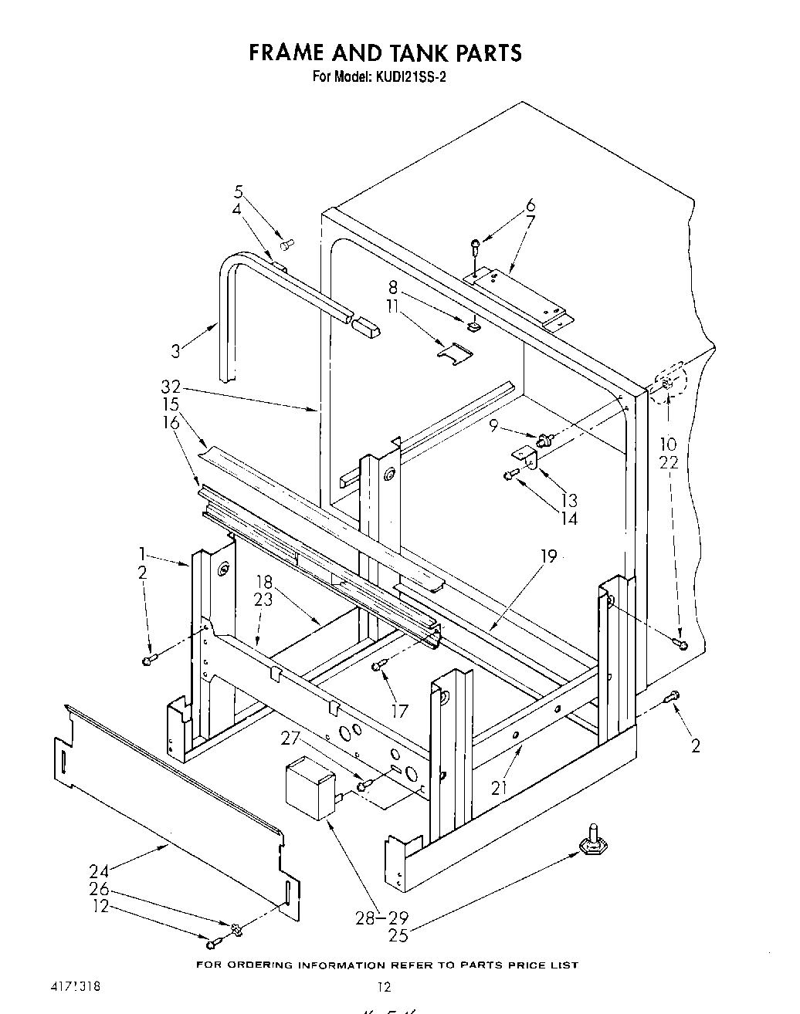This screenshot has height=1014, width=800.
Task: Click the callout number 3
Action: [x=176, y=351]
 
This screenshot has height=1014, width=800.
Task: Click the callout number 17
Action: [x=398, y=711]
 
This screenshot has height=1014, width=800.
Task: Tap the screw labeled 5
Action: [x=287, y=245]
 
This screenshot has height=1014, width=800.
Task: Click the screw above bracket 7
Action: [x=476, y=247]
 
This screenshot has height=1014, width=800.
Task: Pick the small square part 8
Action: [x=473, y=326]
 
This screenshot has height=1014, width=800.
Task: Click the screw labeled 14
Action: [x=511, y=474]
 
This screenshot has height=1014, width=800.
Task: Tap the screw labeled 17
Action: [x=378, y=666]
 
